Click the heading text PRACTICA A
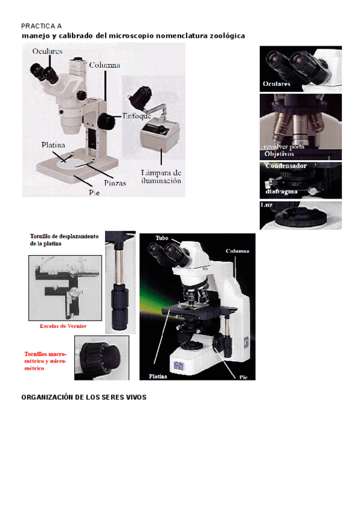click(41, 26)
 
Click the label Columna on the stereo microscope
click(105, 65)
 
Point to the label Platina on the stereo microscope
click(53, 145)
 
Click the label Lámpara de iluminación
click(160, 176)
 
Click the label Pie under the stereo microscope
click(94, 193)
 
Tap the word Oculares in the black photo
click(277, 83)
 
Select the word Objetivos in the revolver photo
click(280, 154)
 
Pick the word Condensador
click(286, 166)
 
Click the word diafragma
click(281, 192)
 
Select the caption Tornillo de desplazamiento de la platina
click(64, 240)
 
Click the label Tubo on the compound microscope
click(162, 238)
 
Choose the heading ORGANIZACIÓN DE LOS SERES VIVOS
click(83, 397)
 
